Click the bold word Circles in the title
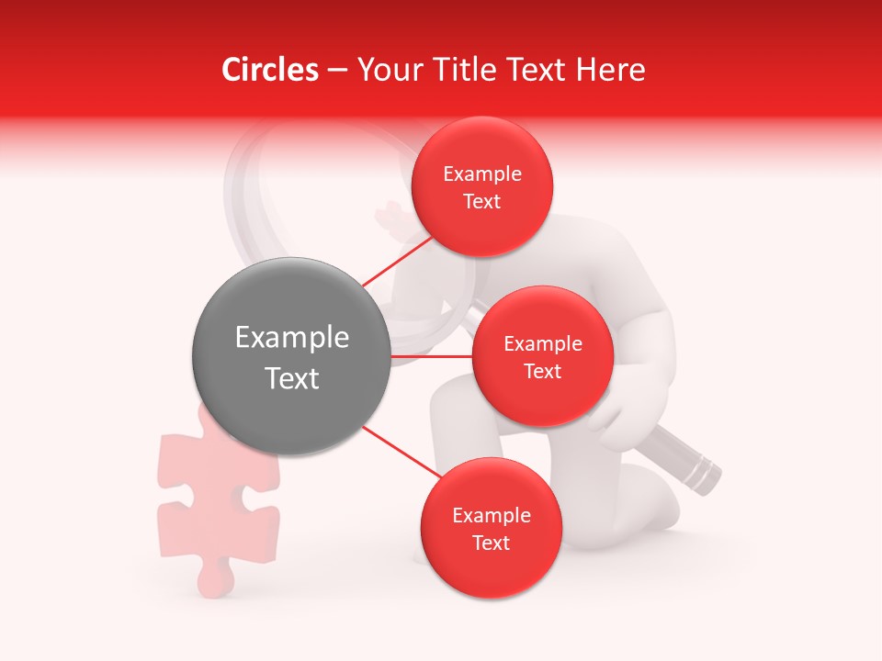tap(269, 70)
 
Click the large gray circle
tap(291, 356)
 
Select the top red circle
tap(482, 187)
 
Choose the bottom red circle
tap(491, 529)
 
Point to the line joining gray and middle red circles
tap(432, 356)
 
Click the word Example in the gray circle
tap(291, 338)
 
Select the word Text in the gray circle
tap(291, 378)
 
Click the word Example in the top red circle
tap(482, 174)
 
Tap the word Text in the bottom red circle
tap(491, 543)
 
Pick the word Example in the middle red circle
tap(542, 343)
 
